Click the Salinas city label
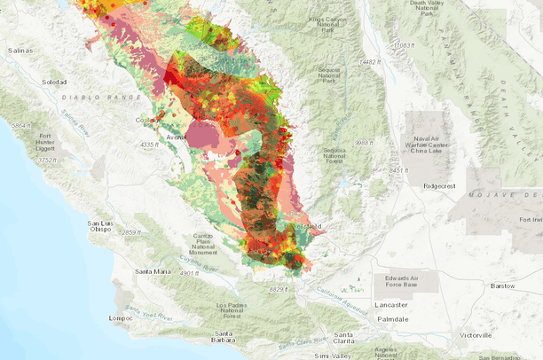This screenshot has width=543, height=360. (x=20, y=51)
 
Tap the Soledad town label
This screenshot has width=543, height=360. (x=53, y=82)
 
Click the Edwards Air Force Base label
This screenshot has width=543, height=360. (x=397, y=281)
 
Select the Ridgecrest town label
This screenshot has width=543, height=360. (x=445, y=186)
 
